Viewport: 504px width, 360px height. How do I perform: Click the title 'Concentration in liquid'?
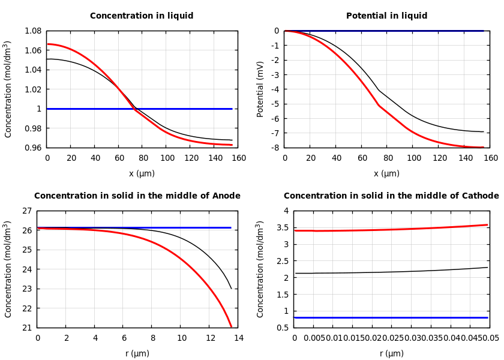point(142,16)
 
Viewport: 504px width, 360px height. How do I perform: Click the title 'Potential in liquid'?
point(386,16)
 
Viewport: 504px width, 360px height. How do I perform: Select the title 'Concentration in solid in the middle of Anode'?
point(137,196)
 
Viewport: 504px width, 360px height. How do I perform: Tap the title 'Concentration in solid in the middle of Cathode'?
point(391,196)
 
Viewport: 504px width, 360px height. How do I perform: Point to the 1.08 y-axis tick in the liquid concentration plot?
point(32,31)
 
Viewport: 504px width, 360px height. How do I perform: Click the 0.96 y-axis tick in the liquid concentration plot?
point(32,148)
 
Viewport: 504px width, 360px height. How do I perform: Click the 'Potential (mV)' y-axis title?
point(260,89)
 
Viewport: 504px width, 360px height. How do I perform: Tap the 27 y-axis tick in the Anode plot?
point(26,211)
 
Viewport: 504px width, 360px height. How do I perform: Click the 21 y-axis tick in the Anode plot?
point(26,328)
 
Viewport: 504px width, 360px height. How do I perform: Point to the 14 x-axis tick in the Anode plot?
point(238,338)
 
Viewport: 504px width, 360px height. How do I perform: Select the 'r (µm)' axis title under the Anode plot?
point(137,353)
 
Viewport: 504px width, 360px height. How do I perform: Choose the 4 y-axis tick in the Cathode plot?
point(286,211)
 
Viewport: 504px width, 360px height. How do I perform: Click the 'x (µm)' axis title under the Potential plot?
point(386,173)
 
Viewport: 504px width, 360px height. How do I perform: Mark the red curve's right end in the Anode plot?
point(231,326)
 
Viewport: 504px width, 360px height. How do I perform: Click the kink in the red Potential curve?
point(379,106)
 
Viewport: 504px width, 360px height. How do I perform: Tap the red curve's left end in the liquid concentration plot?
point(48,44)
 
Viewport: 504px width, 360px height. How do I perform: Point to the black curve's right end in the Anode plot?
point(231,289)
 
